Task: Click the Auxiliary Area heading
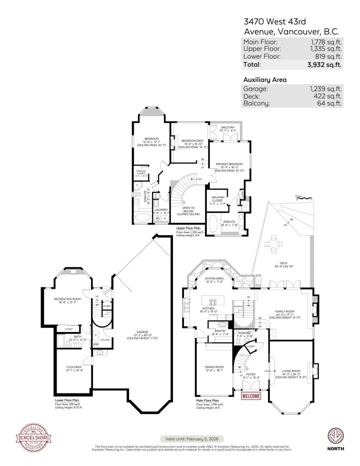point(264,80)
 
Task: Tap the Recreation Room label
point(67,299)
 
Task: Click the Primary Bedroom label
point(229,164)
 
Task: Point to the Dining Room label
point(214,367)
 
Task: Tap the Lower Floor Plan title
point(66,400)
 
